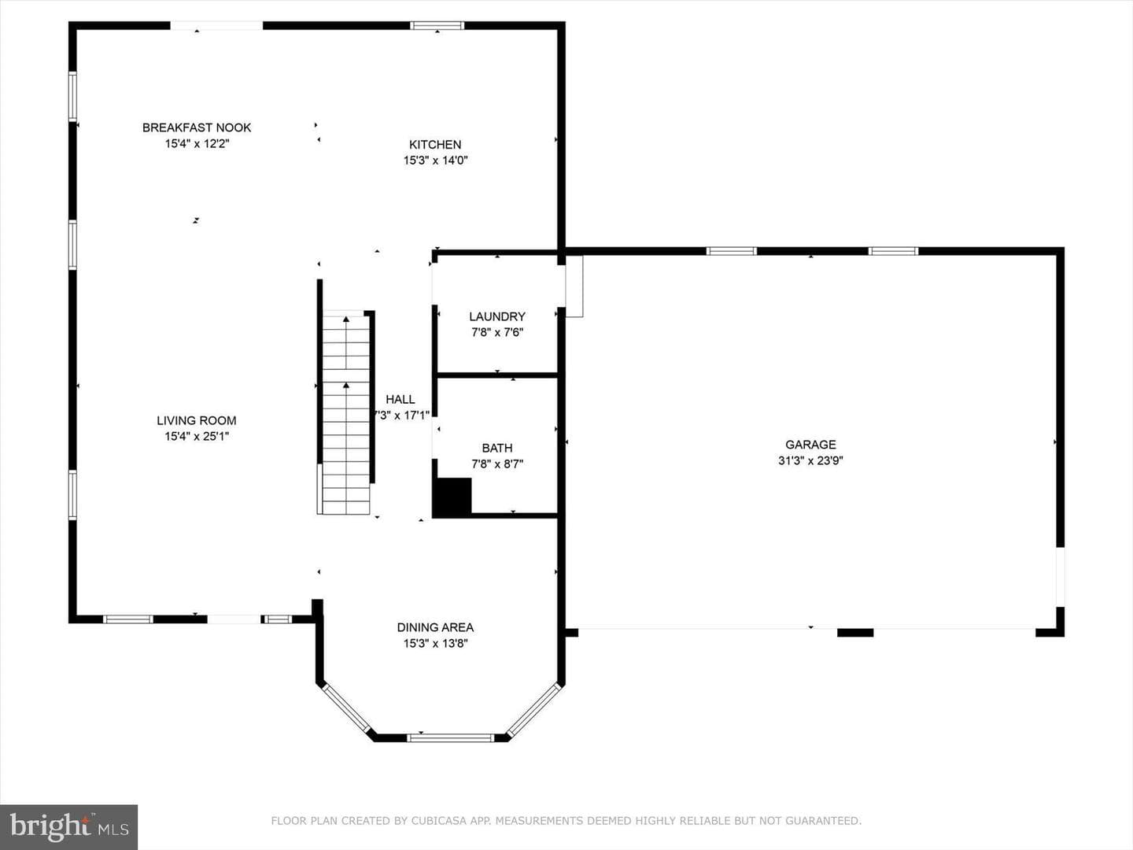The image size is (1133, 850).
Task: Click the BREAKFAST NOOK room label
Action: [x=197, y=128]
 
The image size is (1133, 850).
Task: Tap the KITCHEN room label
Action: [x=435, y=145]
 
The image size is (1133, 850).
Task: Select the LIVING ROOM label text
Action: [x=197, y=420]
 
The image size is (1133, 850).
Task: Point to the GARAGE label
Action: [x=810, y=445]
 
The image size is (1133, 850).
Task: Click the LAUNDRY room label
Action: [x=497, y=316]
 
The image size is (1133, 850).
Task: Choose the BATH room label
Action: [x=497, y=448]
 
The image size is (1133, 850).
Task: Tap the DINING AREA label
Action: [x=435, y=627]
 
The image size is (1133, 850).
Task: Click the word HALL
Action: [x=400, y=399]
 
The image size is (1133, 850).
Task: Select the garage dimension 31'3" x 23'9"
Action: [x=810, y=460]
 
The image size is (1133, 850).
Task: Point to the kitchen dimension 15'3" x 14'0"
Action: [x=435, y=161]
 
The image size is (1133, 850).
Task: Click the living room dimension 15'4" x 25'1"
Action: [x=197, y=437]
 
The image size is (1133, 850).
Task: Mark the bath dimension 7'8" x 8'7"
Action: [x=497, y=464]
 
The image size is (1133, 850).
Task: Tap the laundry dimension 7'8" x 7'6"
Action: [x=497, y=332]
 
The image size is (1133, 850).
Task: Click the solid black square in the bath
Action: [x=452, y=497]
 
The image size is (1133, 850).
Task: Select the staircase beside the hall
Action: [x=346, y=412]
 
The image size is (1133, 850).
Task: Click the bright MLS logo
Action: [x=68, y=826]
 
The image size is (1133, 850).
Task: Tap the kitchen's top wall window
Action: [x=437, y=26]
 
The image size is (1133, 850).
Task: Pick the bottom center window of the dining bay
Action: [x=451, y=738]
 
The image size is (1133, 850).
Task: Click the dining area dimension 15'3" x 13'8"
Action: [x=435, y=644]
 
